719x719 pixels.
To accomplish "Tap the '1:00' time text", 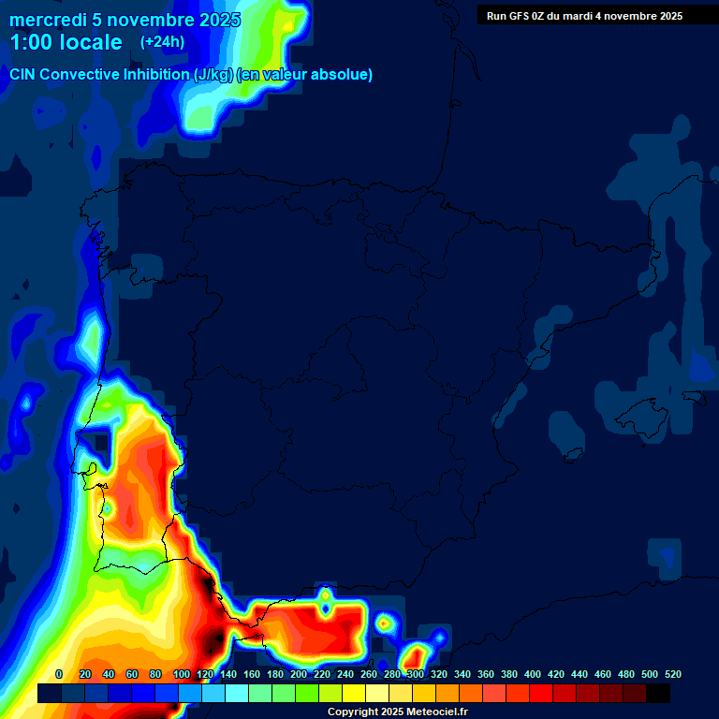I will coord(34,42).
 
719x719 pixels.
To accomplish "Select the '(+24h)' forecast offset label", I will coord(162,41).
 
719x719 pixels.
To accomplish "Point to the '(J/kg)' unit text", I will coord(213,75).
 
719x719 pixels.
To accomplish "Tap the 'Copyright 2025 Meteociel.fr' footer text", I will coord(397,712).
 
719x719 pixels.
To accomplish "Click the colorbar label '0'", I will coord(60,674).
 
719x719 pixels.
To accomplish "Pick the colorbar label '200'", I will coord(299,674).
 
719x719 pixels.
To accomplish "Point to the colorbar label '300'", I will coord(416,674).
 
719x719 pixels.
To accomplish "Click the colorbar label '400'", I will coord(533,674).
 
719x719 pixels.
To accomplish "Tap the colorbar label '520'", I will coord(672,674).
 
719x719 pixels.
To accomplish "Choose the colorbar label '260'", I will coord(369,674).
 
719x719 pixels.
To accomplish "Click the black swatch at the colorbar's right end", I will coord(658,693).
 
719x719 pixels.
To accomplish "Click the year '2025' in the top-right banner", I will coord(668,16).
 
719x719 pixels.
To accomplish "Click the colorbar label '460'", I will coord(603,674).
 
